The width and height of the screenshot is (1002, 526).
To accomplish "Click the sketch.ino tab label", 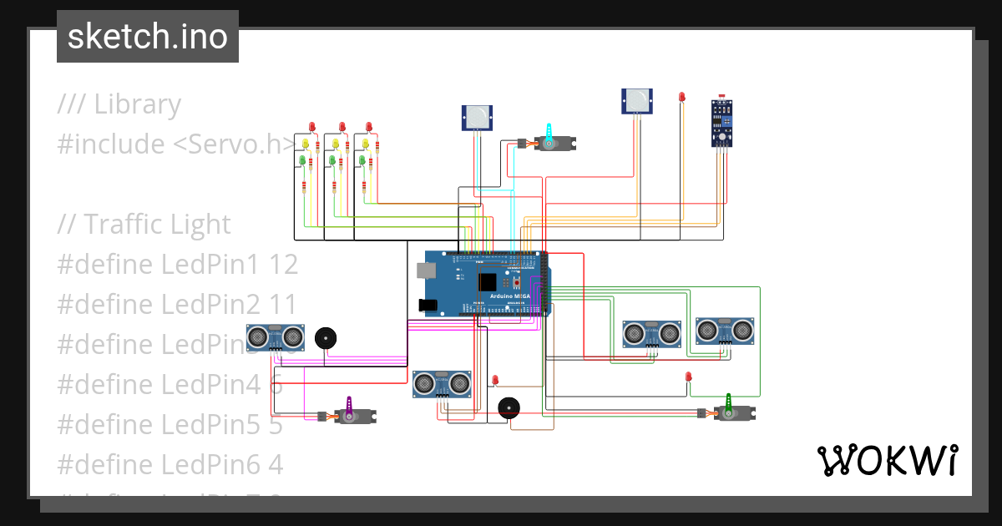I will pyautogui.click(x=147, y=37).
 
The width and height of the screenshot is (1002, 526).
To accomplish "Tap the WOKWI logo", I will pyautogui.click(x=886, y=460).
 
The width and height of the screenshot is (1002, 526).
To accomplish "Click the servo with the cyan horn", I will pyautogui.click(x=550, y=142).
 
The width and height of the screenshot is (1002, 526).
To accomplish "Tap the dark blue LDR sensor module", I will pyautogui.click(x=722, y=123).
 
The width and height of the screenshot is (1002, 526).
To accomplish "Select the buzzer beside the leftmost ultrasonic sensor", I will pyautogui.click(x=326, y=338).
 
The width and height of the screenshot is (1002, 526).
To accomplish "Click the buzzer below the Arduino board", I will pyautogui.click(x=508, y=408).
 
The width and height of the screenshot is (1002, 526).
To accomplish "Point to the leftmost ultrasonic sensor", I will pyautogui.click(x=275, y=336).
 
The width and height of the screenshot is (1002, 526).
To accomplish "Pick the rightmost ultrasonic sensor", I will pyautogui.click(x=726, y=331).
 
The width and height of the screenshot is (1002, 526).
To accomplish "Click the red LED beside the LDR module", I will pyautogui.click(x=682, y=98).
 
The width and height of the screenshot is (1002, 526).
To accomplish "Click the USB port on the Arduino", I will pyautogui.click(x=426, y=270).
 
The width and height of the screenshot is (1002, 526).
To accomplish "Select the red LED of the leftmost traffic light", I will pyautogui.click(x=312, y=127).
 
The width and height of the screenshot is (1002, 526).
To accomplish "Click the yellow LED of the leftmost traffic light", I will pyautogui.click(x=306, y=144).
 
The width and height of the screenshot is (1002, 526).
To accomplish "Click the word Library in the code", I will pyautogui.click(x=137, y=104).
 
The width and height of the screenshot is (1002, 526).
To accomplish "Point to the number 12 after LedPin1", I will pyautogui.click(x=284, y=265).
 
